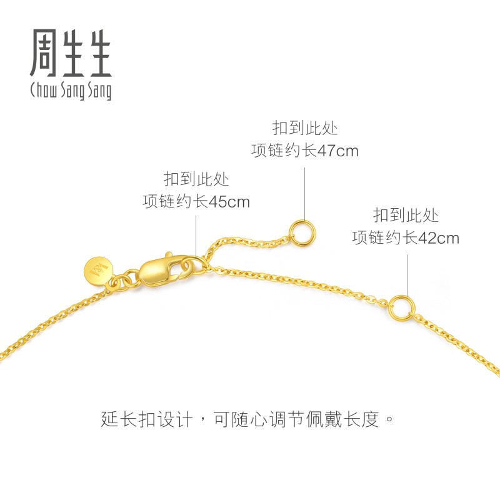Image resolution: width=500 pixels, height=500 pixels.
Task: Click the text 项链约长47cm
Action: tap(305, 151)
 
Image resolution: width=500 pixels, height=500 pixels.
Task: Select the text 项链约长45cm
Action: tap(196, 202)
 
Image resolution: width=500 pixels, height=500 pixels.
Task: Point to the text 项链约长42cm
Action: tap(406, 238)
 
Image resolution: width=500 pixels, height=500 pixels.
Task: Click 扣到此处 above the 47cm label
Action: tap(305, 129)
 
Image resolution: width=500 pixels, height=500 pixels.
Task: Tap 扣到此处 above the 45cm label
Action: tap(196, 180)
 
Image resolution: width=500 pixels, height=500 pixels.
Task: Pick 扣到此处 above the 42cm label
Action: tap(406, 216)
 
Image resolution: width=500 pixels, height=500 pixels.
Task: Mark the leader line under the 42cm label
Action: tap(407, 275)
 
